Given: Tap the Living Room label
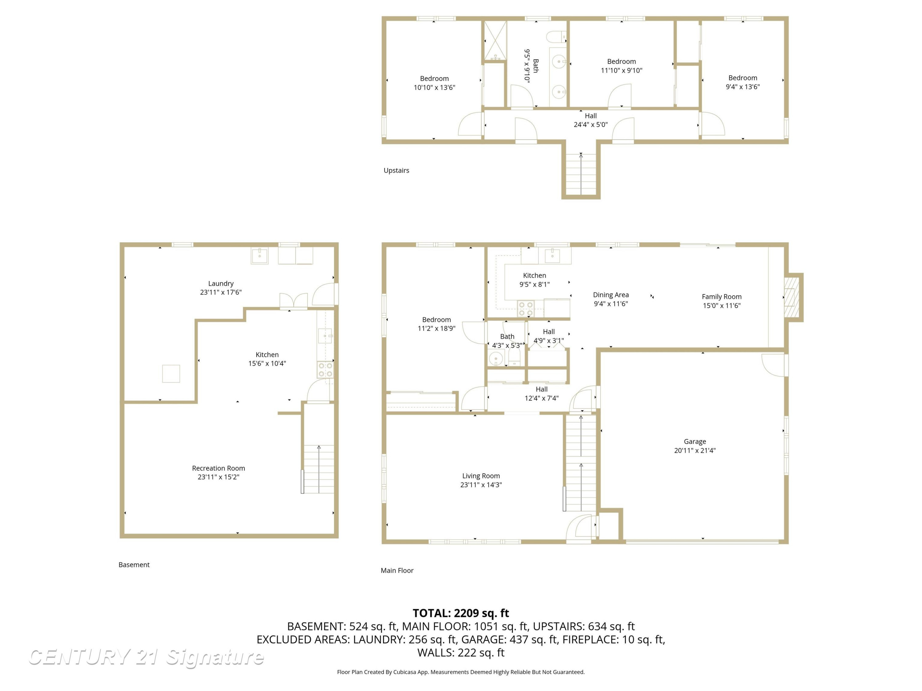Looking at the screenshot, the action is pyautogui.click(x=481, y=476).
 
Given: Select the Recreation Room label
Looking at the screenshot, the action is pyautogui.click(x=219, y=468).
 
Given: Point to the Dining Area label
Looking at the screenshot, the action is pyautogui.click(x=611, y=295).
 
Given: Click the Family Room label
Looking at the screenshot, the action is pyautogui.click(x=722, y=297).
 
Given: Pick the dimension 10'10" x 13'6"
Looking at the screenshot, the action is pyautogui.click(x=434, y=88).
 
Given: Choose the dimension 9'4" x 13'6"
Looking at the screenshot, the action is pyautogui.click(x=743, y=87).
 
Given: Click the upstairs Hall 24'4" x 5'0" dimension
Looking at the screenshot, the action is pyautogui.click(x=591, y=125).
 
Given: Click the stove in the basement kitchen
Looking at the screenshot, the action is pyautogui.click(x=325, y=370).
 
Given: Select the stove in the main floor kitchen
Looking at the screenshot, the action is pyautogui.click(x=526, y=309).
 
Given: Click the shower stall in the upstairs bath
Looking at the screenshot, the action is pyautogui.click(x=495, y=41).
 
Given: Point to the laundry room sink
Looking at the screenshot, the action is pyautogui.click(x=260, y=256).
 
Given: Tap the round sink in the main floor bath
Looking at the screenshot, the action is pyautogui.click(x=496, y=358).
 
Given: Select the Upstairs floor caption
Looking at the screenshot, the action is pyautogui.click(x=396, y=170).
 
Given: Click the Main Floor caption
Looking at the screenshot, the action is pyautogui.click(x=397, y=571).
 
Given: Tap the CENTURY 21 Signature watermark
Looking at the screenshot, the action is pyautogui.click(x=146, y=657).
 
